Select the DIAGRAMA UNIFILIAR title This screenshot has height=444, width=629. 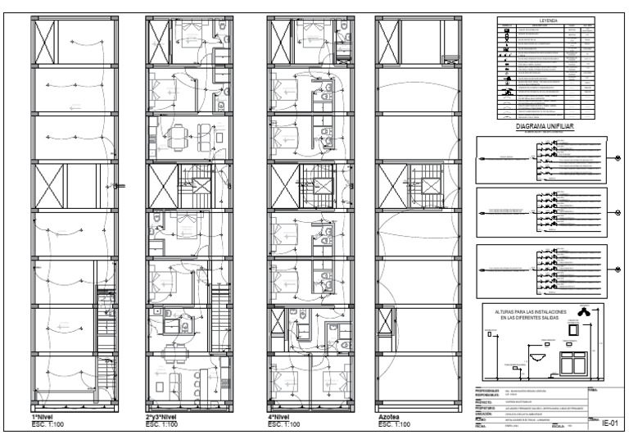(x=544, y=127)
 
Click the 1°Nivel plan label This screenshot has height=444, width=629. (x=43, y=417)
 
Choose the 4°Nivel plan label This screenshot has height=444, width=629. (x=283, y=417)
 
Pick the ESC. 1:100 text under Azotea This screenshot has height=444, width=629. (x=393, y=424)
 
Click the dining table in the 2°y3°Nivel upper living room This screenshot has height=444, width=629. (x=182, y=140)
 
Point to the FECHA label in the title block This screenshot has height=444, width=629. (x=482, y=426)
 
